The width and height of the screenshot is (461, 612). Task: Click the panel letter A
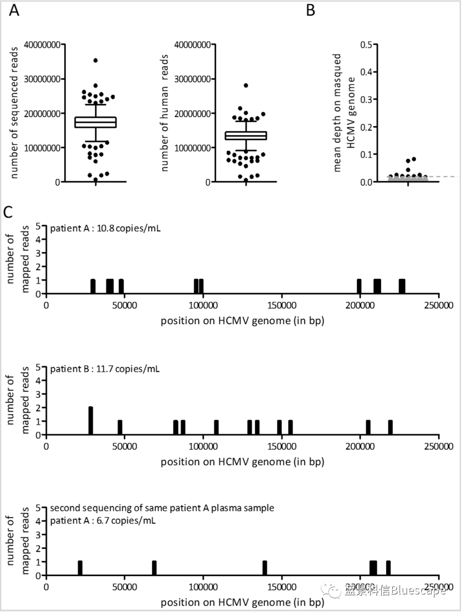coord(14,10)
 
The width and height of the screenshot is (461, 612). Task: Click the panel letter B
coord(310,10)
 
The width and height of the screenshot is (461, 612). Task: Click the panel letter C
coord(9,212)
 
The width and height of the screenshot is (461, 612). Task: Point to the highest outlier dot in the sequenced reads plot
coord(95,60)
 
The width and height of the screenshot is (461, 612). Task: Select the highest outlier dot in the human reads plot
coord(246,86)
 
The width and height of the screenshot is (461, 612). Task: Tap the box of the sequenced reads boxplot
coord(95,122)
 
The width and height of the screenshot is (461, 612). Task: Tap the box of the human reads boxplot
coord(246,135)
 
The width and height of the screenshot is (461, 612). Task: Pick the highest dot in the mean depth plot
coord(414,159)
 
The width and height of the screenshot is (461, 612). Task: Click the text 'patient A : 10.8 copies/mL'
coord(106,228)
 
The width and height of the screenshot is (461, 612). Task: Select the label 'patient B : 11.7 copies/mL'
coord(105,369)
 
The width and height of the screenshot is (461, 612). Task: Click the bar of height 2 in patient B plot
coord(91,421)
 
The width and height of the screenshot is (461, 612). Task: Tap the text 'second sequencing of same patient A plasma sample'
coord(162,508)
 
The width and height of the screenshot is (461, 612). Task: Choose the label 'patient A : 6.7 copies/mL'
coord(103,520)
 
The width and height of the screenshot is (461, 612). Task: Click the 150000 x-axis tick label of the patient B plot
coord(282,446)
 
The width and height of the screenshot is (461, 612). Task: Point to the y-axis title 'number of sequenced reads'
coord(14,113)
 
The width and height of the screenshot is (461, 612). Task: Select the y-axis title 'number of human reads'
coord(165,113)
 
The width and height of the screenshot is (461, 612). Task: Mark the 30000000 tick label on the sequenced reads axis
coord(42,79)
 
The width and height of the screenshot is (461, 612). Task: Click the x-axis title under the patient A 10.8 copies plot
coord(242,321)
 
